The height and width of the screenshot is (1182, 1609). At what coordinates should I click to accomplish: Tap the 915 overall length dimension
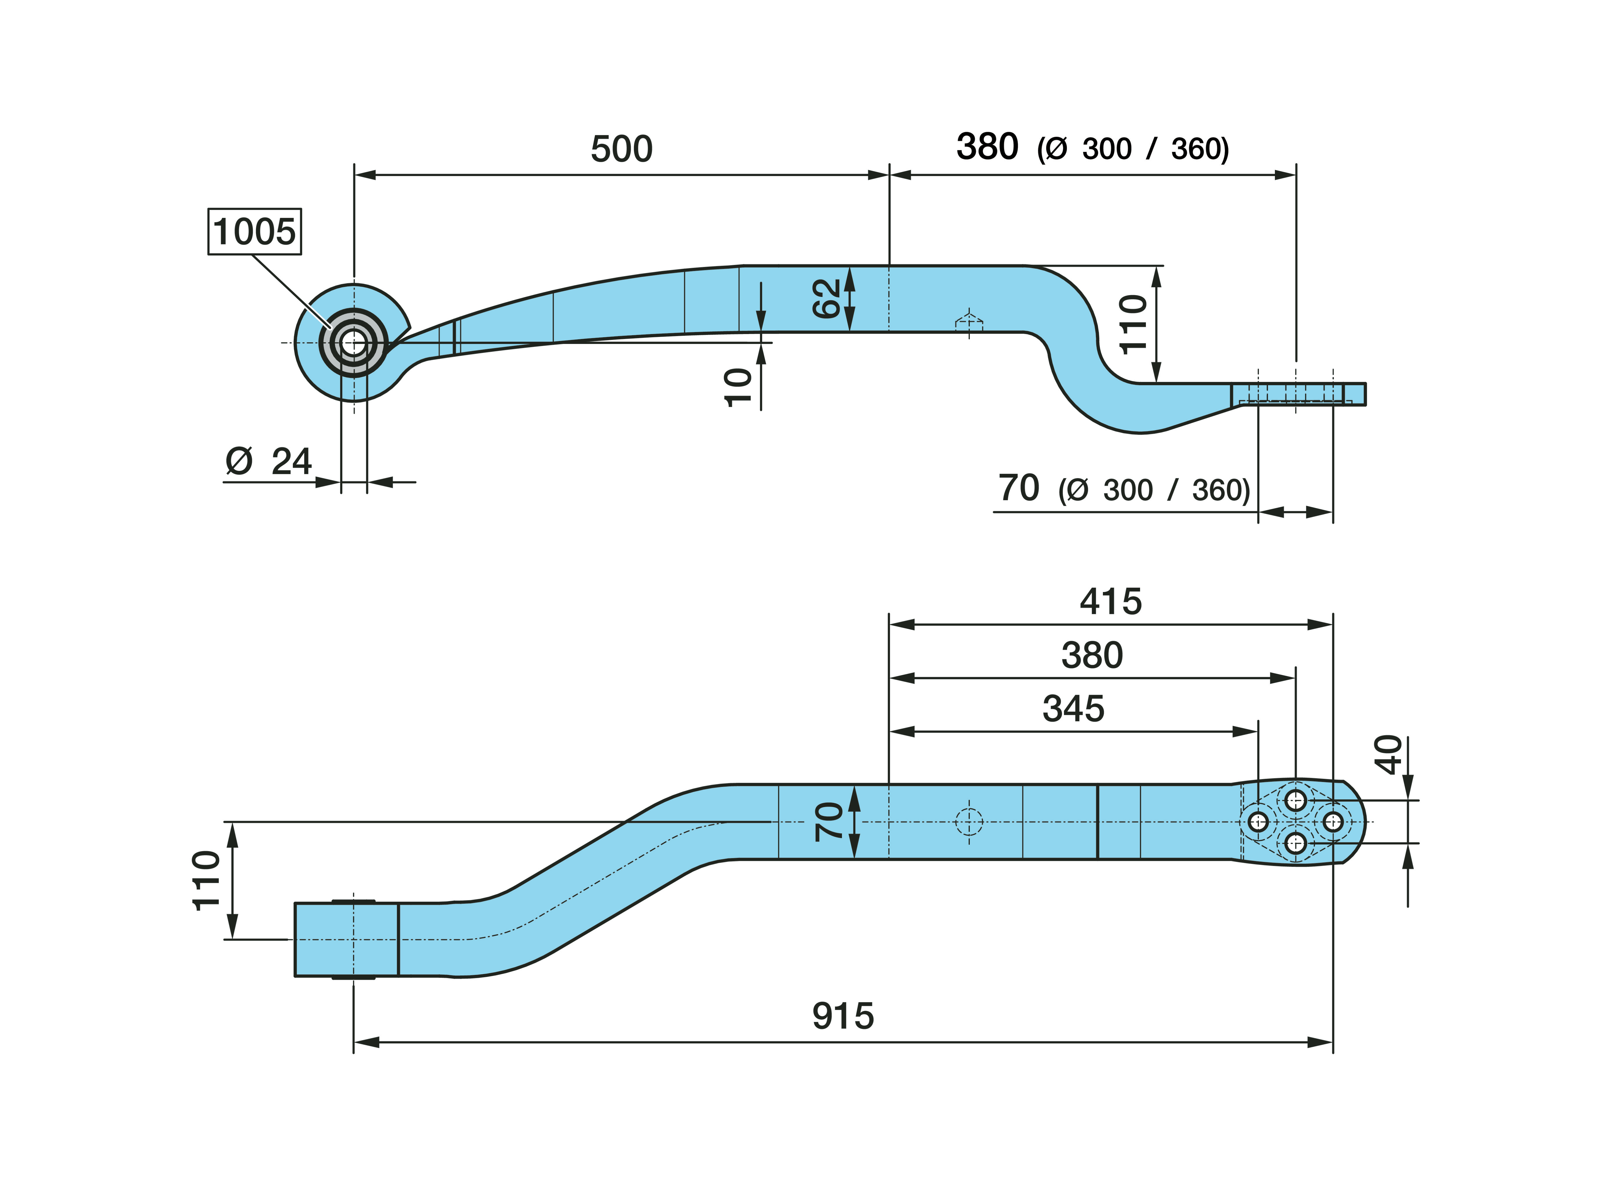pyautogui.click(x=843, y=1016)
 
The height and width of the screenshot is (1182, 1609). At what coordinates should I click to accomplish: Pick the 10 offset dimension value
pyautogui.click(x=738, y=387)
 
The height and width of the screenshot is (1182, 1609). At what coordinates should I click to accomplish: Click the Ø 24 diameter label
pyautogui.click(x=268, y=462)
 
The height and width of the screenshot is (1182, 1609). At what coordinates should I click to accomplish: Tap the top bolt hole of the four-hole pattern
pyautogui.click(x=1296, y=800)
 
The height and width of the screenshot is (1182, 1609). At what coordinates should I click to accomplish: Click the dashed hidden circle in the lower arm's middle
pyautogui.click(x=969, y=822)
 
